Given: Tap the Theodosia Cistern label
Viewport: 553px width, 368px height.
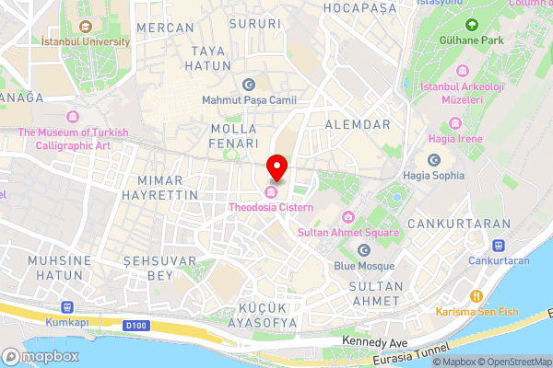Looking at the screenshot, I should coord(271,207).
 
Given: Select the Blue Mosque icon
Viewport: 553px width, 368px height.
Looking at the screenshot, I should coord(363,250).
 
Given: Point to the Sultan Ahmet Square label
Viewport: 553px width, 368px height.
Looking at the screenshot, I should coord(347,233).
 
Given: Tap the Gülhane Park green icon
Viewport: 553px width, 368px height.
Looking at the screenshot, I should coord(472,24).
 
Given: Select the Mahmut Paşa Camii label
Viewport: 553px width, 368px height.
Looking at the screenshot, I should coord(248,99).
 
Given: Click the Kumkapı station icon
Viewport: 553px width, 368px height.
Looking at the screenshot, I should coord(66,307).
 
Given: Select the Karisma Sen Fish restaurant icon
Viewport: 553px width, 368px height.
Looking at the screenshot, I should coord(477,296).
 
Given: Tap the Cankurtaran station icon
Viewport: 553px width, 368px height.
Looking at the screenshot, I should coord(499,246).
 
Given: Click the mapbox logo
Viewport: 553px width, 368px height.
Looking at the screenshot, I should coord(41,356).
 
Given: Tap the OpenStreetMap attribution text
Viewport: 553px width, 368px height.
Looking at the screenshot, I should coord(514,362).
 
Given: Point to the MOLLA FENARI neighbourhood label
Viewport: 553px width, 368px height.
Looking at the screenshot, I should coord(233,136).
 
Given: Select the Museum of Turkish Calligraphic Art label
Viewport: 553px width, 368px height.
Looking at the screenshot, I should coord(74,139).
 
